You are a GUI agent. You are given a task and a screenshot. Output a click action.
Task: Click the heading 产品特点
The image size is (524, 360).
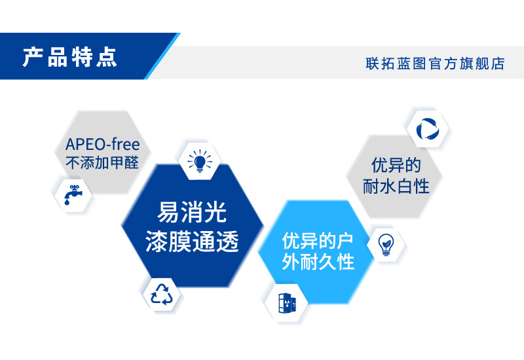click(x=70, y=58)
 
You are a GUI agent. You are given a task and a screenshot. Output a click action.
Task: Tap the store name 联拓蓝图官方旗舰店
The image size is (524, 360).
click(x=435, y=64)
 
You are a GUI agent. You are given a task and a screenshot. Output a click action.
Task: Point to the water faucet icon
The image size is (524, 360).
click(x=72, y=194)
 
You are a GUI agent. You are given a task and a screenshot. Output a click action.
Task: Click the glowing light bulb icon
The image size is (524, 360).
click(x=200, y=160)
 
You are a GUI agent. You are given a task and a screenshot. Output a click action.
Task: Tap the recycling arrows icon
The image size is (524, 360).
click(x=162, y=293)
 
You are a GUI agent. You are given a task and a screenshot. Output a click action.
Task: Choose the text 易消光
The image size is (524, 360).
click(x=192, y=212)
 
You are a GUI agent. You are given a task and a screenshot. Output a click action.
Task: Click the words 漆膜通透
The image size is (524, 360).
click(x=192, y=242)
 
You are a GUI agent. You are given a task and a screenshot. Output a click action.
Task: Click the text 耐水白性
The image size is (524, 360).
click(x=396, y=186)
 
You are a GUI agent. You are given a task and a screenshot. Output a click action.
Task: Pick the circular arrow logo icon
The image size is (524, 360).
click(x=427, y=129)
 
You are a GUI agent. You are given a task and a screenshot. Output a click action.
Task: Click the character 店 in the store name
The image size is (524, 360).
click(x=498, y=64)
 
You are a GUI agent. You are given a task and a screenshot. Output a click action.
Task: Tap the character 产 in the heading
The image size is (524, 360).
click(x=32, y=58)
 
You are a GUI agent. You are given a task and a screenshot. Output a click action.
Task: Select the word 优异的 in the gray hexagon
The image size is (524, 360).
click(x=396, y=164)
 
